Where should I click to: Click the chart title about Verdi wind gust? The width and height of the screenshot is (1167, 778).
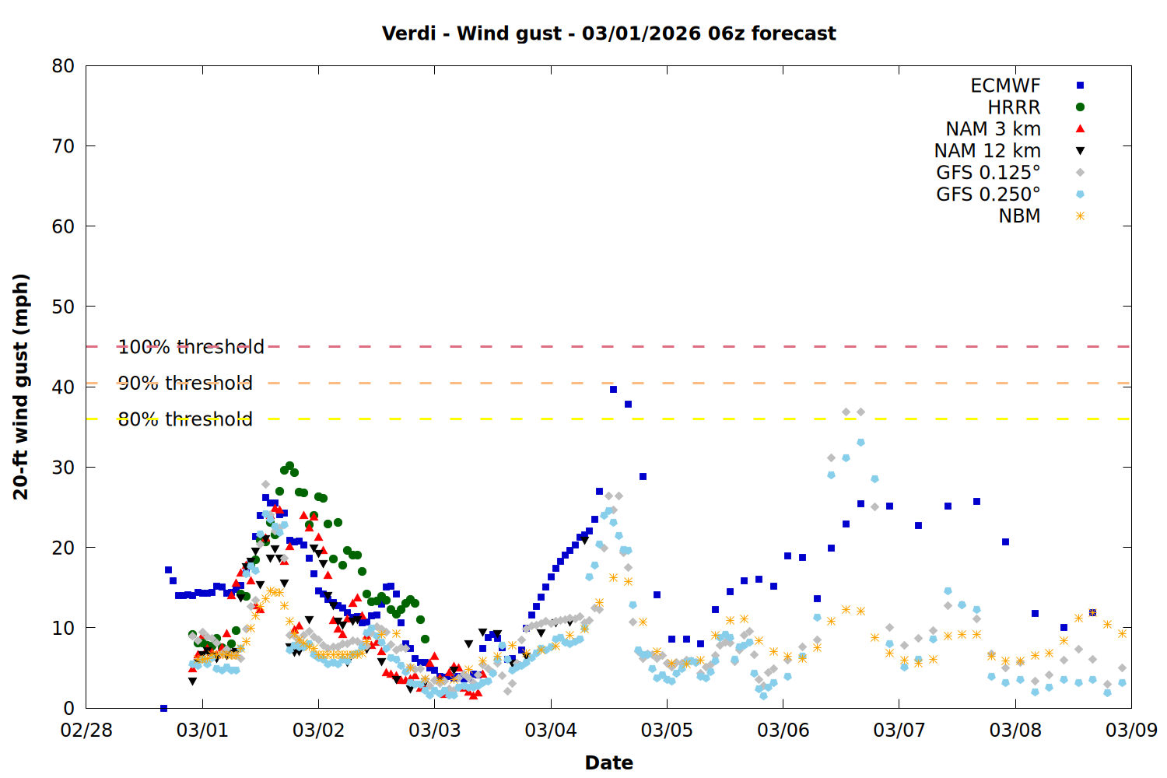[x=608, y=33]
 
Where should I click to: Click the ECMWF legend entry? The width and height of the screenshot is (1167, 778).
[x=1005, y=86]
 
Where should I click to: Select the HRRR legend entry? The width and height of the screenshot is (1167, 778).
[x=1014, y=107]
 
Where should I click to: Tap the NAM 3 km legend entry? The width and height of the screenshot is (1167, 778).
[x=993, y=129]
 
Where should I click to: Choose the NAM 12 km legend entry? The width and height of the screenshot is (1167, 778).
[x=987, y=151]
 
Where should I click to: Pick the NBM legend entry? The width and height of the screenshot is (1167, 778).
[x=1019, y=216]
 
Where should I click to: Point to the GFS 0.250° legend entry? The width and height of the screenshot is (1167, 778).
[x=988, y=194]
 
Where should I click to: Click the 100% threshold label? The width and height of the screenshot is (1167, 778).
[x=191, y=347]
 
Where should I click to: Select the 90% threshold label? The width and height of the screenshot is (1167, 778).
[x=185, y=383]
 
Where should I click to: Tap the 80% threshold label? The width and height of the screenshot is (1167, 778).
[x=185, y=419]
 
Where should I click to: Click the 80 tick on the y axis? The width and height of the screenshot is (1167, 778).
[x=63, y=66]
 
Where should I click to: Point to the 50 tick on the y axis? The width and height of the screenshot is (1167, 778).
[x=63, y=307]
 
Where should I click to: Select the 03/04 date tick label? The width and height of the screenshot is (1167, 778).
[x=551, y=731]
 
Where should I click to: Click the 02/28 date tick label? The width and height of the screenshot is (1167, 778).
[x=86, y=731]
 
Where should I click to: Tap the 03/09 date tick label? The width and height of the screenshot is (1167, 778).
[x=1131, y=731]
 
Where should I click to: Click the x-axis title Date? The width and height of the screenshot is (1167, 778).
[x=608, y=762]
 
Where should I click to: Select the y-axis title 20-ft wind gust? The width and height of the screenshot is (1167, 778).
[x=21, y=387]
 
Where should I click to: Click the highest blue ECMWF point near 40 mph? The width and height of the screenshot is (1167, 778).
[x=613, y=389]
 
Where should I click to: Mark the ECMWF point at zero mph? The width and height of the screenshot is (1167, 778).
[x=163, y=708]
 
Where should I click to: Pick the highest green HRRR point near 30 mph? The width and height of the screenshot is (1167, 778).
[x=289, y=466]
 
